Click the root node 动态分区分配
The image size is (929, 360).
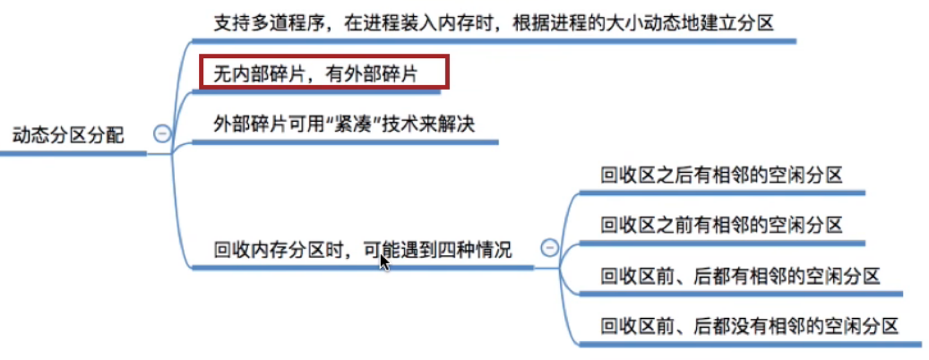pyautogui.click(x=67, y=135)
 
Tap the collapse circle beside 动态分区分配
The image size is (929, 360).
pyautogui.click(x=162, y=133)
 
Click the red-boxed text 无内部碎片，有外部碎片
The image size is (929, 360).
pyautogui.click(x=315, y=73)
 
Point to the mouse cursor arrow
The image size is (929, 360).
pyautogui.click(x=383, y=261)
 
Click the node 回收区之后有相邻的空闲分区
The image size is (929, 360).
pyautogui.click(x=721, y=176)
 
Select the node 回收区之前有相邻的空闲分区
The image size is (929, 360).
pyautogui.click(x=721, y=224)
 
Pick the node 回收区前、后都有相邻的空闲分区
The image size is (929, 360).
pyautogui.click(x=740, y=275)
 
